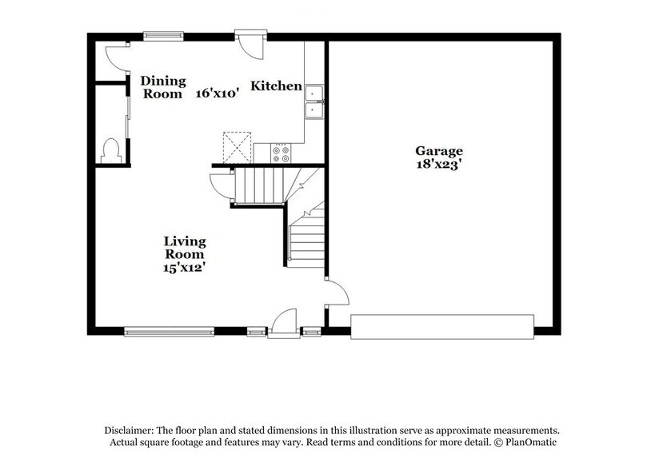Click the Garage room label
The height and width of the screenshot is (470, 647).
(438, 150)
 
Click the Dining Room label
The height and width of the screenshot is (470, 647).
(163, 86)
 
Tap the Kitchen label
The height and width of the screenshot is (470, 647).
(277, 86)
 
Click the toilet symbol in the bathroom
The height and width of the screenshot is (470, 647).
(111, 149)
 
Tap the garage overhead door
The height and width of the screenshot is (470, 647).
(442, 327)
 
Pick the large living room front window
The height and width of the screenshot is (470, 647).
(169, 329)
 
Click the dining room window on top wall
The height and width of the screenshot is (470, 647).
(163, 35)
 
